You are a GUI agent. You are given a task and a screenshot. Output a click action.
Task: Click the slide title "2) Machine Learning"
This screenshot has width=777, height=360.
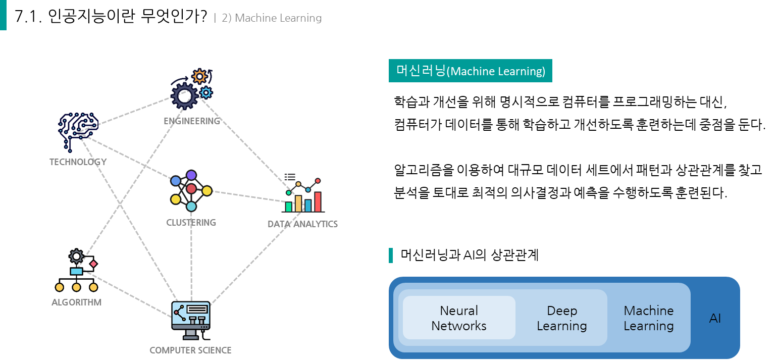271,18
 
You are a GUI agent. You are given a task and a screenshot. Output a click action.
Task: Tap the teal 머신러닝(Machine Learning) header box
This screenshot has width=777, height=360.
470,71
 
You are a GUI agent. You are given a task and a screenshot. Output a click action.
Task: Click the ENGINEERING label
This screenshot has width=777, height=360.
192,121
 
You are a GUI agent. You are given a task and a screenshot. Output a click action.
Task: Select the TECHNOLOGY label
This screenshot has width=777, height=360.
78,162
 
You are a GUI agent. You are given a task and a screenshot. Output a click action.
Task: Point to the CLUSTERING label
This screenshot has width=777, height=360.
191,223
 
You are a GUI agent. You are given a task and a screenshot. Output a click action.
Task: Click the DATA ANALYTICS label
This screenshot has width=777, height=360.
302,224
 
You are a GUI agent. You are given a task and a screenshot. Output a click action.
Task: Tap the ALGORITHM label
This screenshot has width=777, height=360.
76,302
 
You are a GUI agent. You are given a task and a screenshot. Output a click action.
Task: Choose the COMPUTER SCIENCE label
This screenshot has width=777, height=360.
190,350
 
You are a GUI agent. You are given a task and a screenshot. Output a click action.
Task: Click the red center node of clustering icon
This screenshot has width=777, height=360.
191,189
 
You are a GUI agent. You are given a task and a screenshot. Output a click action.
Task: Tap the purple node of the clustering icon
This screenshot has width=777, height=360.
191,175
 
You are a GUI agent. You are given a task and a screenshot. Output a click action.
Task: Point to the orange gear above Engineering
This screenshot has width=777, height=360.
199,76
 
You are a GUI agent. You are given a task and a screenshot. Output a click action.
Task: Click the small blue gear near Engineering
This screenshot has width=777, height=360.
205,92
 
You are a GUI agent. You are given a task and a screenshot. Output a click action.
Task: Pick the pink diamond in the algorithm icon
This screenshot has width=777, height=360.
93,264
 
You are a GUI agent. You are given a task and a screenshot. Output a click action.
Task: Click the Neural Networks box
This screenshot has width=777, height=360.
459,318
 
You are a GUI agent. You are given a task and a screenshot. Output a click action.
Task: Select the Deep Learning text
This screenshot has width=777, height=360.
561,318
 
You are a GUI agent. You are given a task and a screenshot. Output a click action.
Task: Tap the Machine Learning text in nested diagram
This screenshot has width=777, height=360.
648,318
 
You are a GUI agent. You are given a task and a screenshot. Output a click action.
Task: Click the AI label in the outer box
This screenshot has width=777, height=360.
715,319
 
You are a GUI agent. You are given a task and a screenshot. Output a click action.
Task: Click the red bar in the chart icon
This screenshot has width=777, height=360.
318,201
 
